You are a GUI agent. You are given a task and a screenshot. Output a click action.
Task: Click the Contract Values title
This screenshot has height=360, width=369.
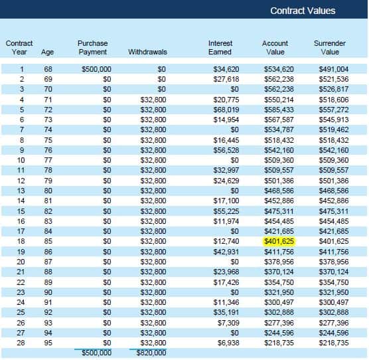[303, 11]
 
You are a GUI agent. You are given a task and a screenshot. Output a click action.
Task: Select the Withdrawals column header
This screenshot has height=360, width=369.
[147, 52]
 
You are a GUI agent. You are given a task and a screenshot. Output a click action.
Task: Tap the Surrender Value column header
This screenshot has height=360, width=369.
[330, 48]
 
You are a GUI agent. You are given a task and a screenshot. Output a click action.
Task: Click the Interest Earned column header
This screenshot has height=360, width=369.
[220, 48]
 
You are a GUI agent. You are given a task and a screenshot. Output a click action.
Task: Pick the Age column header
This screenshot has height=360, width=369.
[47, 52]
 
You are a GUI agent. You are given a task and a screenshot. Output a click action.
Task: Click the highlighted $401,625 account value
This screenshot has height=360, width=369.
[279, 241]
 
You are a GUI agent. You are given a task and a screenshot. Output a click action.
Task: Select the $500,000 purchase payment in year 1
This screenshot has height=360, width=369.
[96, 69]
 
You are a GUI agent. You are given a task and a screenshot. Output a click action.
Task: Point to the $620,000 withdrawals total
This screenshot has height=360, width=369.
[151, 353]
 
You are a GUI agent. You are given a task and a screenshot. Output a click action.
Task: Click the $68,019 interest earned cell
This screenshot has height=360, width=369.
[226, 110]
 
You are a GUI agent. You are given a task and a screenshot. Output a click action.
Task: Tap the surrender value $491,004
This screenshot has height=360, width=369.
[334, 69]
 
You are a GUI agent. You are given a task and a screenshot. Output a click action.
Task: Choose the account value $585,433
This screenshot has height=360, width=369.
[279, 110]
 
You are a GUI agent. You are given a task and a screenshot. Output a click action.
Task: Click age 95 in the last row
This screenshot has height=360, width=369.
[48, 343]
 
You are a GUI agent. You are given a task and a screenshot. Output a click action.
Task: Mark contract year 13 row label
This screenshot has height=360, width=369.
[21, 191]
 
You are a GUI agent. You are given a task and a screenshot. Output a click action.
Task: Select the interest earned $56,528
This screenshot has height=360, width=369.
[226, 150]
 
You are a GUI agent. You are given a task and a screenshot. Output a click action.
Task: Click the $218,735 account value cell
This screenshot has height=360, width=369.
[279, 343]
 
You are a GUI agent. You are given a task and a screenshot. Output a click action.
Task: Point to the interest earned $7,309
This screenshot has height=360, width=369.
[228, 323]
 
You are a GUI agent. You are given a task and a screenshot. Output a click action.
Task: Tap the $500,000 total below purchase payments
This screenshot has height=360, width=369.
[96, 353]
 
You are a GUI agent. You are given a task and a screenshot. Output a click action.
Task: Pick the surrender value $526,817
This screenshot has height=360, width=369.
[334, 89]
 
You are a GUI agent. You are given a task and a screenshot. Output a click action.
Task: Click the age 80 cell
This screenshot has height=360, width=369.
[48, 191]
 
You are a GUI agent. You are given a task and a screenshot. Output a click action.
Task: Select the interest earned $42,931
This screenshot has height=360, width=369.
[226, 252]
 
